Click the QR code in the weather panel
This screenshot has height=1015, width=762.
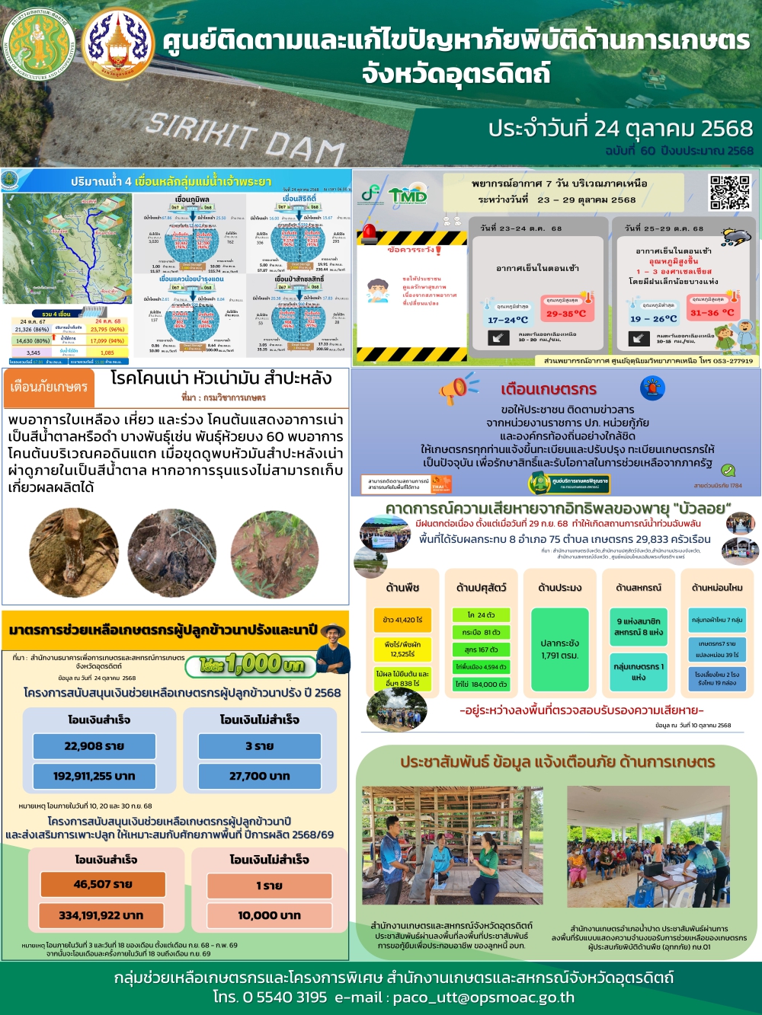730,192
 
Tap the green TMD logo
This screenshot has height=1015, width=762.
408,196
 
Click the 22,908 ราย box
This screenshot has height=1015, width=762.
94,746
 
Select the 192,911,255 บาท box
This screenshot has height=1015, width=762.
94,776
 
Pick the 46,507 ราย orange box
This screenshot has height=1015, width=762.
103,884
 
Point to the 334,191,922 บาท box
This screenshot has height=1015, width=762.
103,915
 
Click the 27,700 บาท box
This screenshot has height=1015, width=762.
259,776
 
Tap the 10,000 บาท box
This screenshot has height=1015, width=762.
269,915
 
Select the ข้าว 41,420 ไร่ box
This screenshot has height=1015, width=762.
402,620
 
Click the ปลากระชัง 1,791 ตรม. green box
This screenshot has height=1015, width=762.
559,649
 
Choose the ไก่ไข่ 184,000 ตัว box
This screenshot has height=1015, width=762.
481,684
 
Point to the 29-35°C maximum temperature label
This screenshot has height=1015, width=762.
566,313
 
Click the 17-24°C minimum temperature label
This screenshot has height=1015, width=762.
507,320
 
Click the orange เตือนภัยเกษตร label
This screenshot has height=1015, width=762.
49,387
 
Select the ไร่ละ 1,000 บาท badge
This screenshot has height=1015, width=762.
251,665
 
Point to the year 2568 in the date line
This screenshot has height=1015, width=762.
726,128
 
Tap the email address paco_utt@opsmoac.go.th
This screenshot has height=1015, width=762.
483,997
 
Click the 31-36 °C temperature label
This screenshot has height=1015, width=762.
712,312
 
